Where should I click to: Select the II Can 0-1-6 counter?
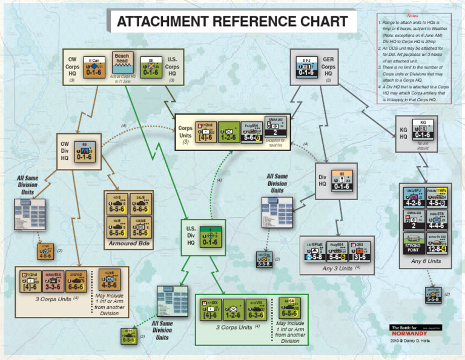[x=94, y=66]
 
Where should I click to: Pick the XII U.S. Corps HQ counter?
[x=151, y=66]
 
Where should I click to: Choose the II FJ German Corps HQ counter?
[x=306, y=66]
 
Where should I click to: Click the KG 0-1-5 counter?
[x=423, y=130]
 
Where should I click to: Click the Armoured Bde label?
[x=128, y=243]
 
